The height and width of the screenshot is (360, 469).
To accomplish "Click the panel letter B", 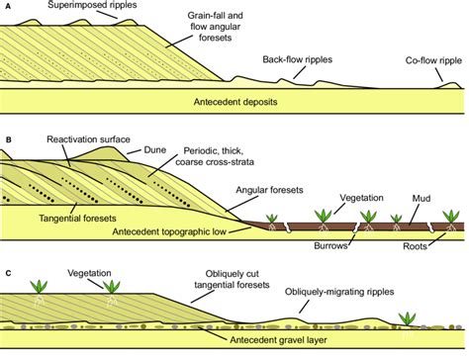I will pos(8,125).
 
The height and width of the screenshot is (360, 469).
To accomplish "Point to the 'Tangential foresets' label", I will pos(57,217).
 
